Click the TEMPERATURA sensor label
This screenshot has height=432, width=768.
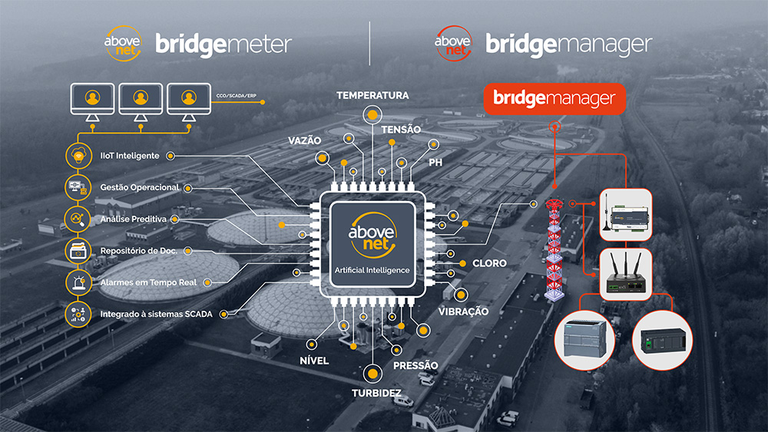click(x=372, y=95)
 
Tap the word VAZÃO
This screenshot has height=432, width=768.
click(x=304, y=141)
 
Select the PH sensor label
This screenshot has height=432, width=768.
click(x=435, y=163)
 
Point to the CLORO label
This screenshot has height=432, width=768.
click(x=489, y=263)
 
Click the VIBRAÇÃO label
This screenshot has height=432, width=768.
click(x=463, y=312)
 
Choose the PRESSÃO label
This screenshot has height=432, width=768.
click(x=415, y=365)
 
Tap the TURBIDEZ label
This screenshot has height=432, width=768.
click(x=372, y=392)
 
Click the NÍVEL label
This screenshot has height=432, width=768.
click(x=314, y=361)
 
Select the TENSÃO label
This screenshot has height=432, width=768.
click(x=400, y=130)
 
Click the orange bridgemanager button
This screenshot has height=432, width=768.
click(x=554, y=99)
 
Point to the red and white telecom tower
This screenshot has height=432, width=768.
click(x=554, y=249)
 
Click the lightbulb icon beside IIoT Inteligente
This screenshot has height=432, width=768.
click(x=79, y=156)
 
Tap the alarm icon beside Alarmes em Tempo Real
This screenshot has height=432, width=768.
click(x=79, y=282)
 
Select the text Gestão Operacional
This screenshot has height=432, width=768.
click(x=140, y=187)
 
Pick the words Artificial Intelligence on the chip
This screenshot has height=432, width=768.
click(x=372, y=270)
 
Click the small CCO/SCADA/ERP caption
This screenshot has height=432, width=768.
click(x=234, y=97)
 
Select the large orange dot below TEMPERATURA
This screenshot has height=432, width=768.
click(x=372, y=115)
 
